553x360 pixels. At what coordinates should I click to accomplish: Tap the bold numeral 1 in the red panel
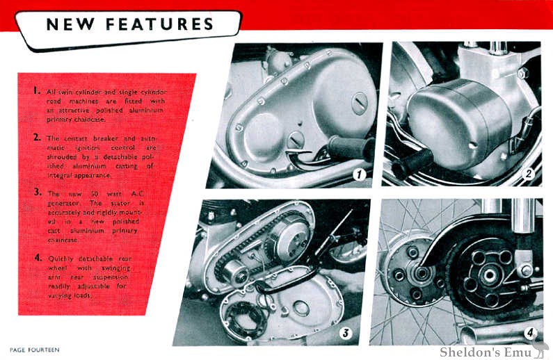[35, 91]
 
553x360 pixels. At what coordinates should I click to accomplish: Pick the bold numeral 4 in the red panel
[35, 258]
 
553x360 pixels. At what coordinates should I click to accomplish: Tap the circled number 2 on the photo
[528, 174]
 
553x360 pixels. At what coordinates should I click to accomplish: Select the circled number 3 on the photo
[345, 334]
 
